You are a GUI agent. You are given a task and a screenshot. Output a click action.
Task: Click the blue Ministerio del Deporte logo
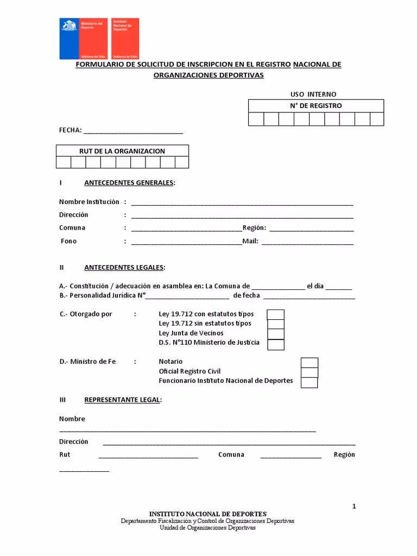(x=79, y=39)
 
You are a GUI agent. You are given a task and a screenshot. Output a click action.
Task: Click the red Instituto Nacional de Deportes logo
(x=125, y=39)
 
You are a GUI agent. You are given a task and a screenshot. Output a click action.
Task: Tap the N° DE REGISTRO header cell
(x=316, y=106)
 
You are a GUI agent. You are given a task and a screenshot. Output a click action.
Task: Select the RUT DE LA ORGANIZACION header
(x=122, y=151)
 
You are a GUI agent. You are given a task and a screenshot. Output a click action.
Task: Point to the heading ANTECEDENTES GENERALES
(x=130, y=182)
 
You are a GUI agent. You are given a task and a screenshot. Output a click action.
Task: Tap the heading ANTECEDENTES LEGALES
(x=124, y=268)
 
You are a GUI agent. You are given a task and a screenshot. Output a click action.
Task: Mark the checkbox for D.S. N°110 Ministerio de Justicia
(x=276, y=344)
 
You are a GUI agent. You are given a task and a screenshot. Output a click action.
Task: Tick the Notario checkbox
(x=309, y=363)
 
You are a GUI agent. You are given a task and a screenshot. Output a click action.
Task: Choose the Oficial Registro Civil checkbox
(x=309, y=372)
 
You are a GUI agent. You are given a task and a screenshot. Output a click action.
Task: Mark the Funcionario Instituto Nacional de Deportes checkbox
(x=309, y=382)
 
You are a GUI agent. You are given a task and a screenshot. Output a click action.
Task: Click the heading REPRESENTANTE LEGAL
(x=123, y=400)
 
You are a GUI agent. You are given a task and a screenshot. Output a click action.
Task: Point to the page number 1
(x=354, y=507)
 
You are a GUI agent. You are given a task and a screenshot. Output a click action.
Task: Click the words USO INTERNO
(x=313, y=94)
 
